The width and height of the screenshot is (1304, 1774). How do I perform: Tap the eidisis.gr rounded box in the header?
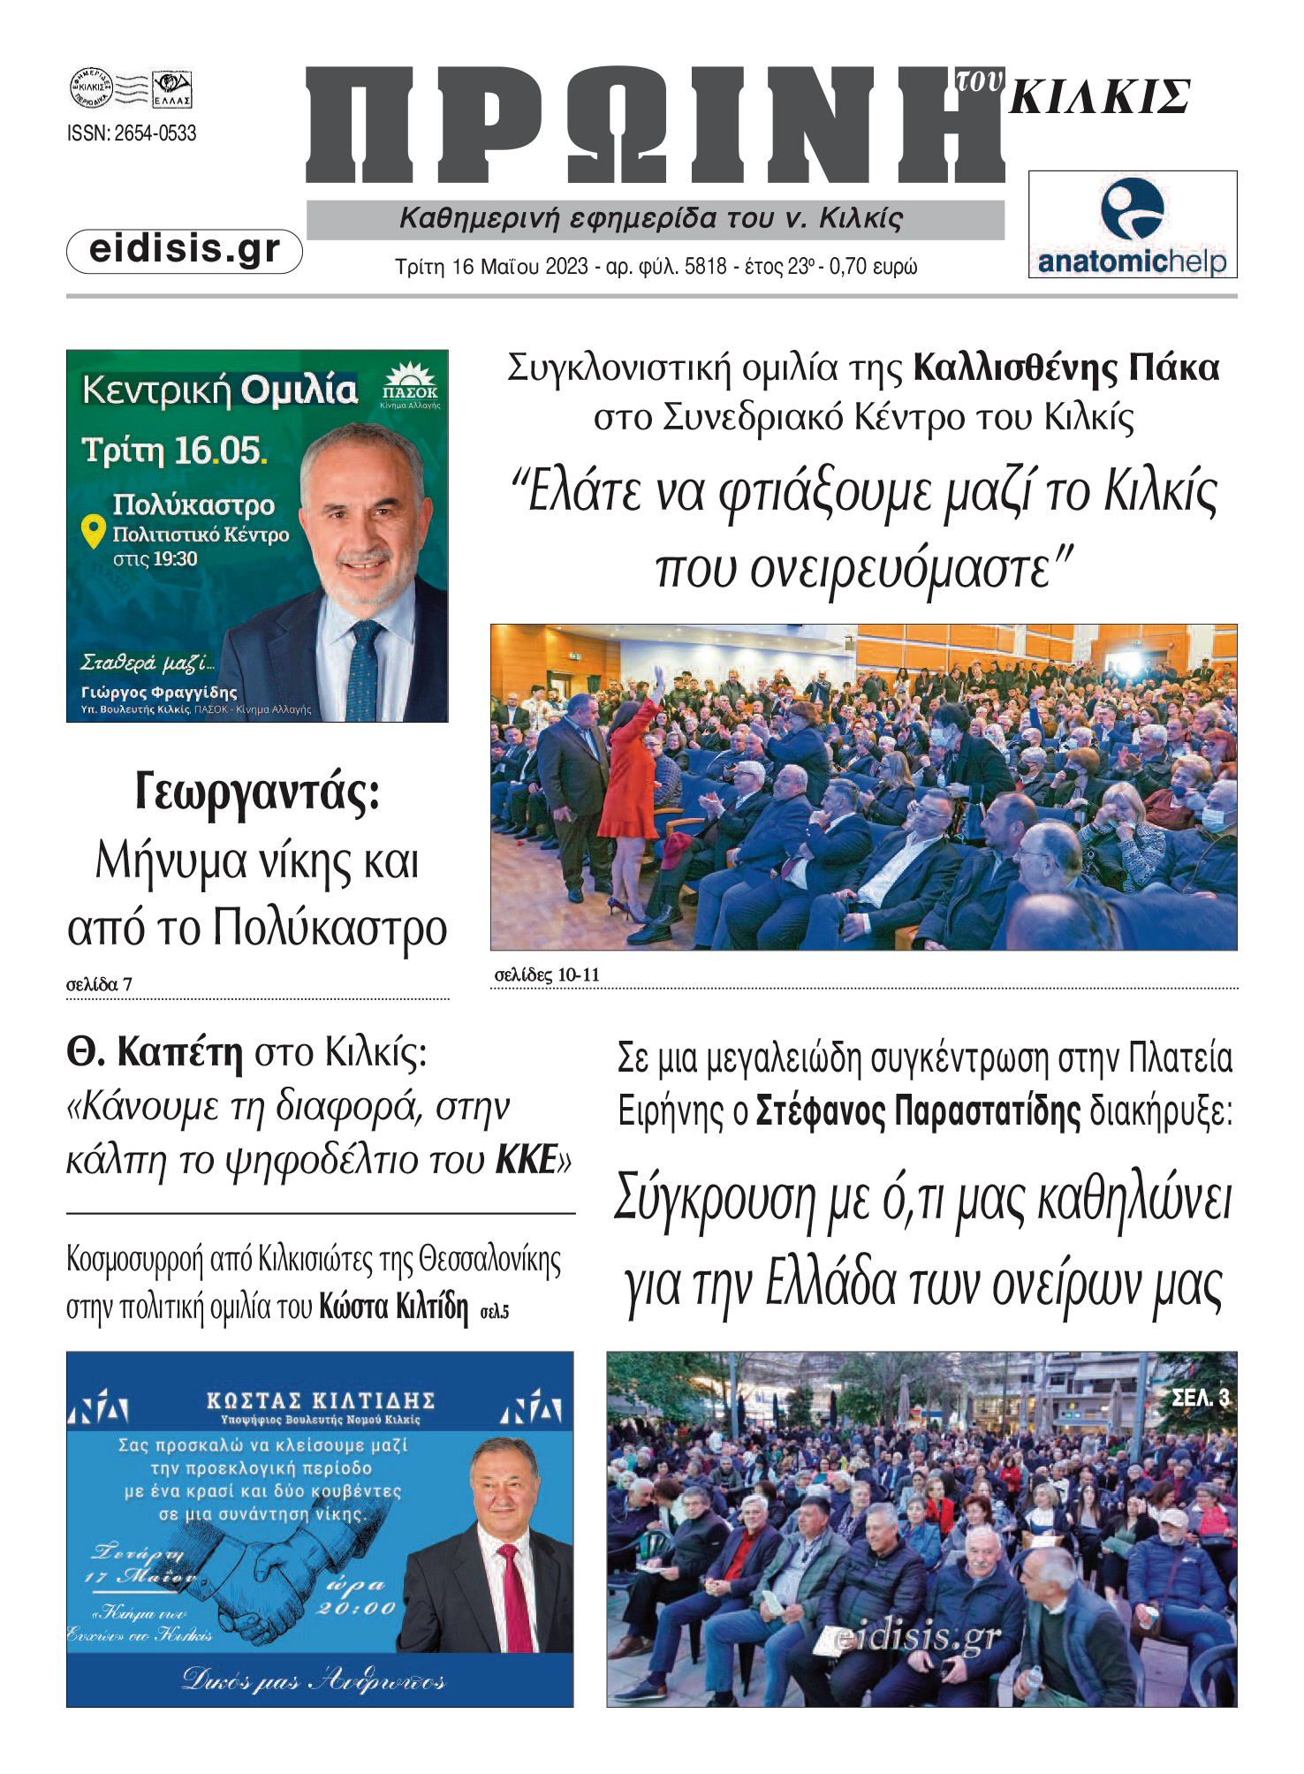(x=185, y=250)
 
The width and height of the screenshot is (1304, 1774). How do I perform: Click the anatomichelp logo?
(x=1132, y=225)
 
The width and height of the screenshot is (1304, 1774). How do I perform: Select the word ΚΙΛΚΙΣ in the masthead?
(x=1100, y=97)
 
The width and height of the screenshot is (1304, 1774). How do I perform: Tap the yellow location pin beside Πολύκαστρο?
(x=93, y=531)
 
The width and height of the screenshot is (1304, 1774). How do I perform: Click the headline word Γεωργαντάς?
(x=257, y=792)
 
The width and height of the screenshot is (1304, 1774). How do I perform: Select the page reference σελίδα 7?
(x=99, y=984)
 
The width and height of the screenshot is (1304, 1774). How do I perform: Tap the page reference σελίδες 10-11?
(x=547, y=974)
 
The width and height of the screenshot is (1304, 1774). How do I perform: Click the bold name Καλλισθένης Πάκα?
(x=1065, y=368)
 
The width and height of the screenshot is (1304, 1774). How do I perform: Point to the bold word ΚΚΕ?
(x=527, y=1160)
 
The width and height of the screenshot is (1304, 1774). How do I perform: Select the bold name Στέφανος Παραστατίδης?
(x=918, y=1111)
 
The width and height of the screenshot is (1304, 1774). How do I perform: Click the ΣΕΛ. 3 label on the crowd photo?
(x=1200, y=1398)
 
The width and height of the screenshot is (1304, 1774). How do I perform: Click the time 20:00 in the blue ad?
(x=355, y=1608)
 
